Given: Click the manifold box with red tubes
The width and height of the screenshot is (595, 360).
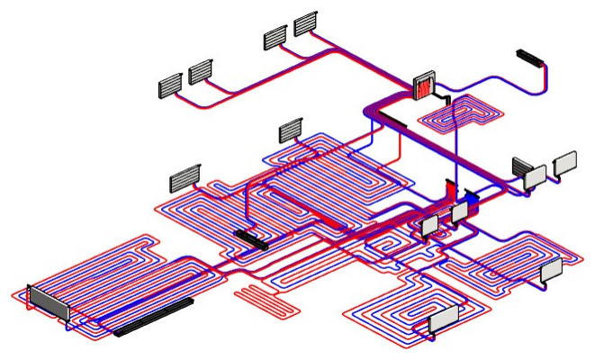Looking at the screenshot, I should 423,87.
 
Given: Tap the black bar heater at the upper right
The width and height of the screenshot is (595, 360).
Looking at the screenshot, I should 530,58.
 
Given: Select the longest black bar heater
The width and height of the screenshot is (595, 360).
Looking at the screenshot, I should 154,316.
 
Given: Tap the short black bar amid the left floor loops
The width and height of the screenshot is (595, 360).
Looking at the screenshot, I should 250,238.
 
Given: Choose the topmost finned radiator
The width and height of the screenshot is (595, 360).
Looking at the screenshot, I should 306,23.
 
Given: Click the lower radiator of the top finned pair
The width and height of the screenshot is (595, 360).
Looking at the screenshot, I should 275,38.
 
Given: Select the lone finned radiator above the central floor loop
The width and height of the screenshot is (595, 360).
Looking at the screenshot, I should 291,131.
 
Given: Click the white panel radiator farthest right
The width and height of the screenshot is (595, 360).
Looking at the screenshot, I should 565,163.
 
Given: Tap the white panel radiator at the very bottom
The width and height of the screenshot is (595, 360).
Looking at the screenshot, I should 443,319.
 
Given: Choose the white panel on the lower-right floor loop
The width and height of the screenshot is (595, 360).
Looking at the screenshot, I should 551,269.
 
